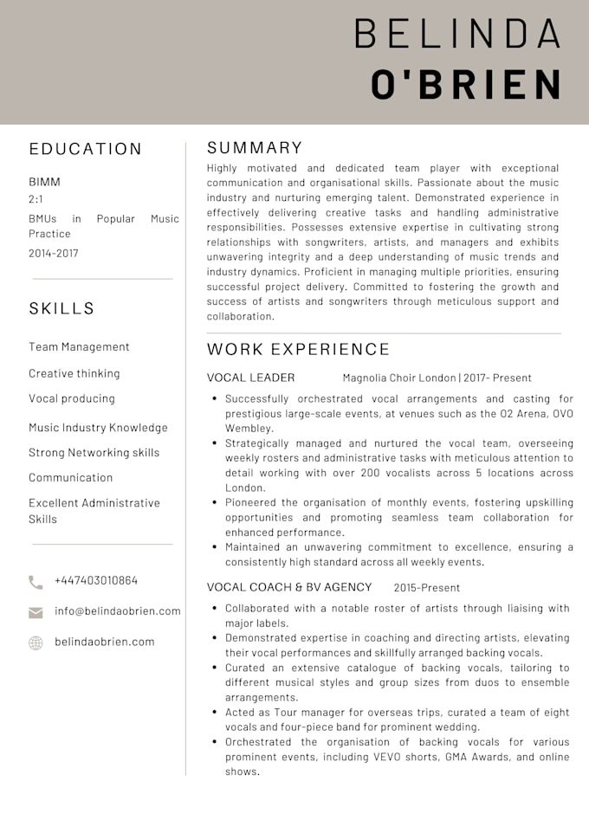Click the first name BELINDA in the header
coord(457,33)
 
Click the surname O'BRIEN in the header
coord(466,85)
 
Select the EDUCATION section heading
coord(85,149)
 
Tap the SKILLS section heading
coord(61,308)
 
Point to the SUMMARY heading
coord(255,147)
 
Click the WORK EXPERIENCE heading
coord(298,349)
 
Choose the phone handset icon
coord(36,582)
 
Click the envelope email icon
coord(36,612)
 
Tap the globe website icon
coord(36,643)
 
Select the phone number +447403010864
coord(96,580)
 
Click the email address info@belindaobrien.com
coord(118,610)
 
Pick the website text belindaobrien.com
coord(104,642)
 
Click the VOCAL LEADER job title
coord(250,378)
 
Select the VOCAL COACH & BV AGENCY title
coord(289,587)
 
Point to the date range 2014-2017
coord(53,253)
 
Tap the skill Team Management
coord(79,346)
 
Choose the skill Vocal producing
coord(72,398)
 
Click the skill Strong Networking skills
coord(94,452)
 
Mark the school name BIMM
coord(44,182)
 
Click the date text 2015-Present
coord(426,587)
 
